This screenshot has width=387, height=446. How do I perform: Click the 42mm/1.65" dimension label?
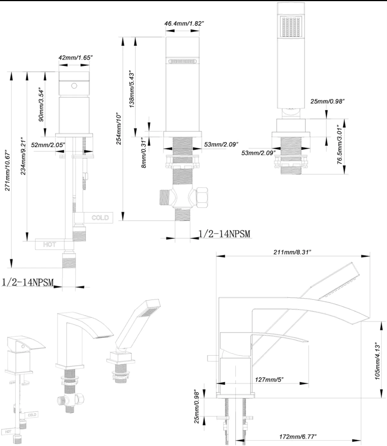point(76,57)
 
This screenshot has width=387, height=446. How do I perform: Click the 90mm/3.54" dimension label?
point(42,104)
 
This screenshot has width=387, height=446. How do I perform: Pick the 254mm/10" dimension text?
point(119,129)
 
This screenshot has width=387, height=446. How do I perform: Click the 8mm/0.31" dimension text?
point(144,153)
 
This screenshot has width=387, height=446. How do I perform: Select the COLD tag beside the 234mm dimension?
point(100,218)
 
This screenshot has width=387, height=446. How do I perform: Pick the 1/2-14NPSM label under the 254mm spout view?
point(224,234)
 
